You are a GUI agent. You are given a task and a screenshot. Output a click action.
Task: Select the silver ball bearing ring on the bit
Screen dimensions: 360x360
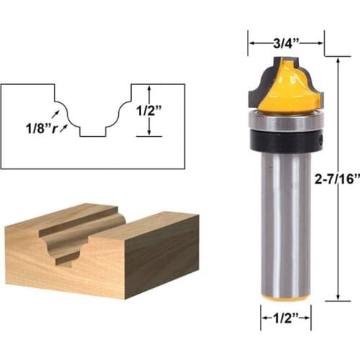[x=285, y=121]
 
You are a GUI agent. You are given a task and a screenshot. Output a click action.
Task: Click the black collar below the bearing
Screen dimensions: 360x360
[x=285, y=140]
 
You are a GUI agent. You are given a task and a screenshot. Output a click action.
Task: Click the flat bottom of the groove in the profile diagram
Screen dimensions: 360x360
[x=92, y=134]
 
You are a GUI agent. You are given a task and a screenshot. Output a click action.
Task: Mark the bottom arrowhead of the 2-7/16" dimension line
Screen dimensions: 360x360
[x=338, y=298]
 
